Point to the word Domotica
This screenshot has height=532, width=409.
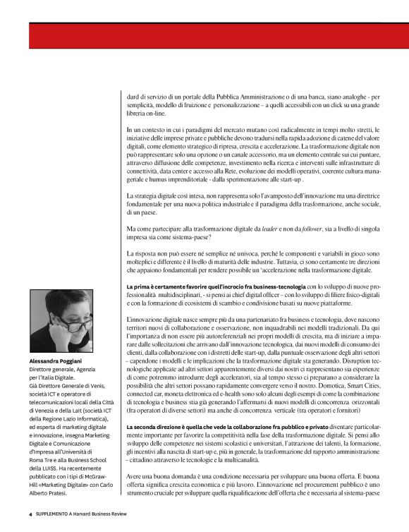(x=307, y=387)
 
